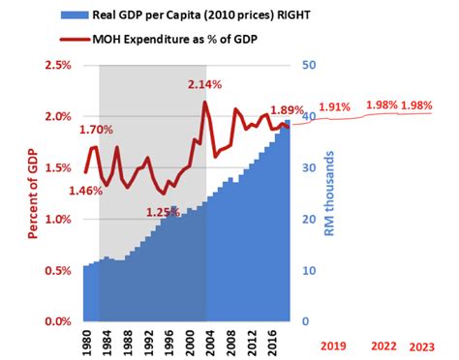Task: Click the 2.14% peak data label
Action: pos(206,86)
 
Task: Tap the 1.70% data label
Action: pos(96,130)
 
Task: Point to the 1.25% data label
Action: pos(163,213)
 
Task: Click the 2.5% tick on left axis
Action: pos(57,65)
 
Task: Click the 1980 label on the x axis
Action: pos(86,345)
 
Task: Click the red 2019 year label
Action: pos(333,345)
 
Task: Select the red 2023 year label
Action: pos(422,345)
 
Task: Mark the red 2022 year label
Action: pos(385,345)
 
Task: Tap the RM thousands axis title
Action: pos(329,195)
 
